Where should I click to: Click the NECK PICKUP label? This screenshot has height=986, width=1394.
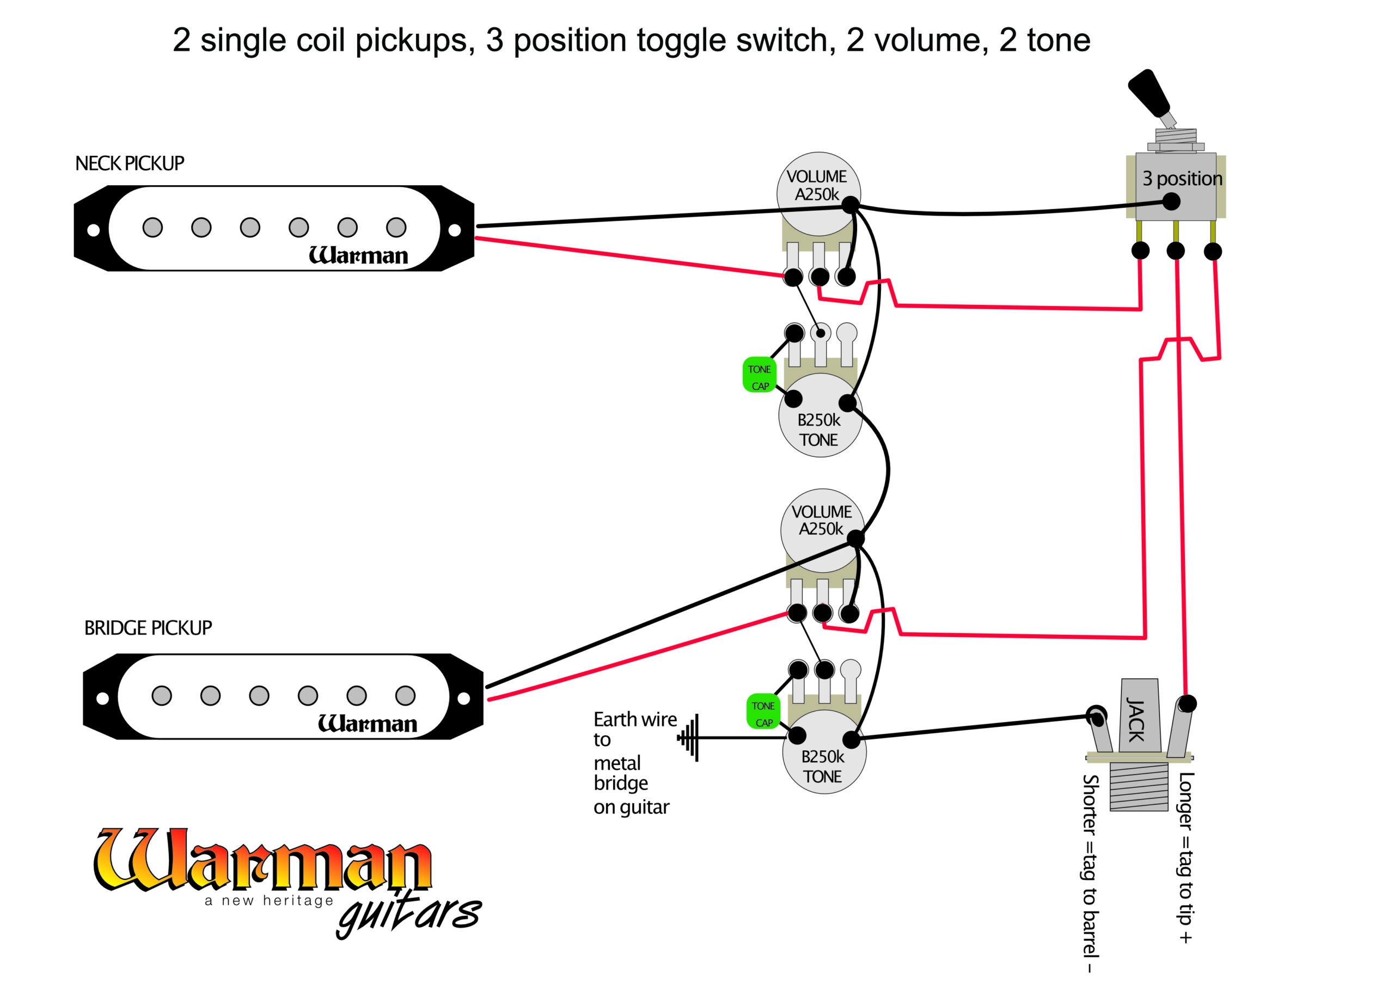pyautogui.click(x=129, y=163)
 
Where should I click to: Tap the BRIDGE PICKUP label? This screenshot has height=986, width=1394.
pyautogui.click(x=148, y=628)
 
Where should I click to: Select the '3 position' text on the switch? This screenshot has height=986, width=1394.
pyautogui.click(x=1182, y=179)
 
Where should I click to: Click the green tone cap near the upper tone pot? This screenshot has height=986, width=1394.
pyautogui.click(x=759, y=375)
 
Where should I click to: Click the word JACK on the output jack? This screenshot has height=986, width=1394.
pyautogui.click(x=1135, y=720)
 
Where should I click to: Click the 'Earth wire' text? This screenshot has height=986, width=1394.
pyautogui.click(x=634, y=719)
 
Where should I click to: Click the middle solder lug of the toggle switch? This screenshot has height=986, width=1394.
pyautogui.click(x=1176, y=250)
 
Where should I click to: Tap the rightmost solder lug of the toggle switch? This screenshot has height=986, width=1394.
pyautogui.click(x=1213, y=252)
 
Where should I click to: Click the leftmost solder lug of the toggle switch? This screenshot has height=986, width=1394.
pyautogui.click(x=1140, y=250)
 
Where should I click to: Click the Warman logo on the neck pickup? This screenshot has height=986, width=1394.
pyautogui.click(x=358, y=255)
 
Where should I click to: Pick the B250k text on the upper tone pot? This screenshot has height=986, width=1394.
pyautogui.click(x=818, y=420)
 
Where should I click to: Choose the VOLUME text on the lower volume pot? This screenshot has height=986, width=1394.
pyautogui.click(x=822, y=512)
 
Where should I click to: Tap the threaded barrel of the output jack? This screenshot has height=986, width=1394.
pyautogui.click(x=1139, y=787)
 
